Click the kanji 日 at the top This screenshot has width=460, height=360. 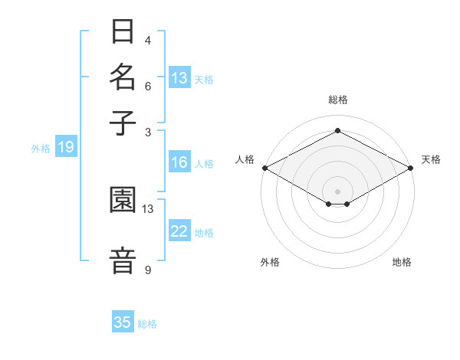point(123,32)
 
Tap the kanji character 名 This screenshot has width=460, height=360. point(123,77)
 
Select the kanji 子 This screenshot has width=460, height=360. point(123,123)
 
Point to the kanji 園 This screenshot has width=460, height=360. point(123,200)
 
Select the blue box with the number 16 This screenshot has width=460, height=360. point(179,162)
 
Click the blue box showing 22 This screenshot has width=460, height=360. point(179,231)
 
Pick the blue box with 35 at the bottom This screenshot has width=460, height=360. point(123,322)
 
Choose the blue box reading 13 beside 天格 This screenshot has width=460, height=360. point(179,78)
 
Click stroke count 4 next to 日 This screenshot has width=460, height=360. point(148,40)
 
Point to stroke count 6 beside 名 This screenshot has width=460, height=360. point(148,86)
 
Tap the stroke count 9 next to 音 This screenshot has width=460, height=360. point(148,270)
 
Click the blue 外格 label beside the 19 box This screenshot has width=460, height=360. point(41,149)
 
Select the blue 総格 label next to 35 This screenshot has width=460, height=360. point(147,324)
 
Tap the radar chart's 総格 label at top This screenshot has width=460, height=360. point(337,100)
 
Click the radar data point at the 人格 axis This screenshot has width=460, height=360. point(264,167)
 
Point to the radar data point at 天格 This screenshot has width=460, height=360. point(411,167)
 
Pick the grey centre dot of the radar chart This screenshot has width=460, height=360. point(337,191)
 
